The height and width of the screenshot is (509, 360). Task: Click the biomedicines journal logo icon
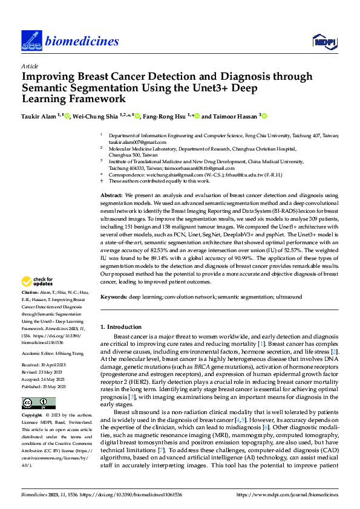[x=30, y=40]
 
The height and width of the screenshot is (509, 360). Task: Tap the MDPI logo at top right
[x=324, y=41]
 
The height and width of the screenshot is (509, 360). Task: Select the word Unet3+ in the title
[x=227, y=87]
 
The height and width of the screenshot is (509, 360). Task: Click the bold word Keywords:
[x=114, y=297]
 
